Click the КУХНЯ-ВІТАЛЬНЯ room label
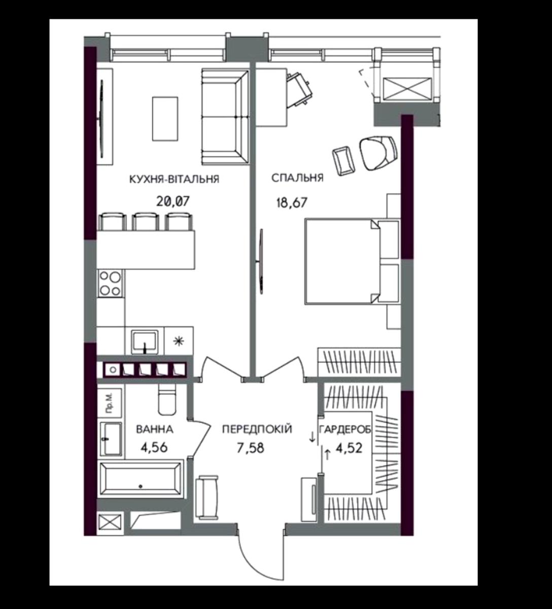pos(175,179)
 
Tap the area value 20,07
pos(173,201)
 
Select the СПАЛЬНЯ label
pos(297,178)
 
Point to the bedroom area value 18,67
pos(292,202)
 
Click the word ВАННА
pos(155,429)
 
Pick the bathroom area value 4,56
pos(154,448)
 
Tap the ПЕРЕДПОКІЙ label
pos(257,429)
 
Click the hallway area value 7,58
pos(251,448)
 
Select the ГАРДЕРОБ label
pos(345,430)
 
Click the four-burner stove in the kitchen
pos(110,283)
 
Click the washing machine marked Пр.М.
pos(109,403)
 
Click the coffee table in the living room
pos(165,118)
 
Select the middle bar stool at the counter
pos(146,221)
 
